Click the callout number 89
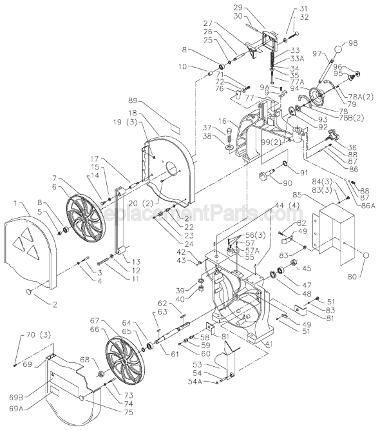(x=133, y=102)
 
